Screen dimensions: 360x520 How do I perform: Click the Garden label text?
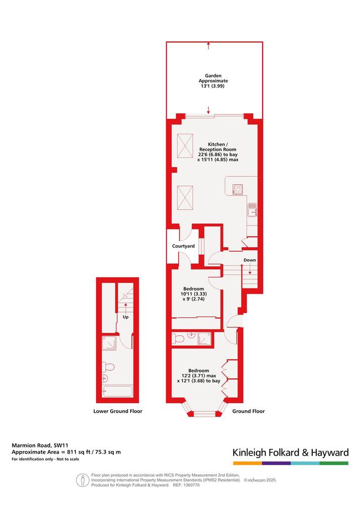(x=213, y=76)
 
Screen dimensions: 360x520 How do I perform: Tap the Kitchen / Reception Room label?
(x=218, y=147)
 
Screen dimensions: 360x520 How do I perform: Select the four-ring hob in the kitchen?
(x=238, y=189)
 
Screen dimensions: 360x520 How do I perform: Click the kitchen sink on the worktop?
(x=252, y=209)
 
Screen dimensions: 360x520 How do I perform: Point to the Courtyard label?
(x=183, y=246)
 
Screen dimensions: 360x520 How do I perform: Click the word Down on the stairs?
(x=250, y=260)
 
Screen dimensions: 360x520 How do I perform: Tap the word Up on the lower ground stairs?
(x=125, y=317)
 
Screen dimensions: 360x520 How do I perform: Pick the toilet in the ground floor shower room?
(x=179, y=339)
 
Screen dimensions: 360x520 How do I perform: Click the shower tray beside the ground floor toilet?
(x=204, y=339)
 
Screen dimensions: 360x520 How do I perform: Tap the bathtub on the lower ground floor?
(x=117, y=391)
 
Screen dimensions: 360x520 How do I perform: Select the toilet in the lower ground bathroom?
(x=109, y=367)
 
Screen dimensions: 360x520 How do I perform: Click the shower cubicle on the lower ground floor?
(x=109, y=343)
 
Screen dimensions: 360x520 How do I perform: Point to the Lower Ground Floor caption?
(x=118, y=411)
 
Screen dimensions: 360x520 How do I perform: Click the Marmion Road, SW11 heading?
(x=40, y=445)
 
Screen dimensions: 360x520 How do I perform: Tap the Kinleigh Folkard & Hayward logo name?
(x=291, y=453)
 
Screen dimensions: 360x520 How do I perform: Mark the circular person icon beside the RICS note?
(x=82, y=480)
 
